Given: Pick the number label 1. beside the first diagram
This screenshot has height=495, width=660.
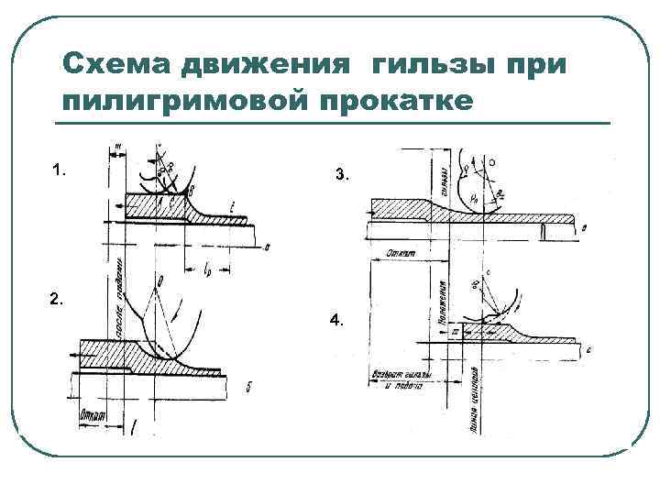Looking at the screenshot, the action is pos(60,170).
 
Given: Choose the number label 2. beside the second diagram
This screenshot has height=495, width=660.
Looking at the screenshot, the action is pos(58,299).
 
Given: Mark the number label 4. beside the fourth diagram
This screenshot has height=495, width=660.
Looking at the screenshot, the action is pos(338,321).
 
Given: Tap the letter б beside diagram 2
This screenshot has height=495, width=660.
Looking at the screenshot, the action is pos(247,388).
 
